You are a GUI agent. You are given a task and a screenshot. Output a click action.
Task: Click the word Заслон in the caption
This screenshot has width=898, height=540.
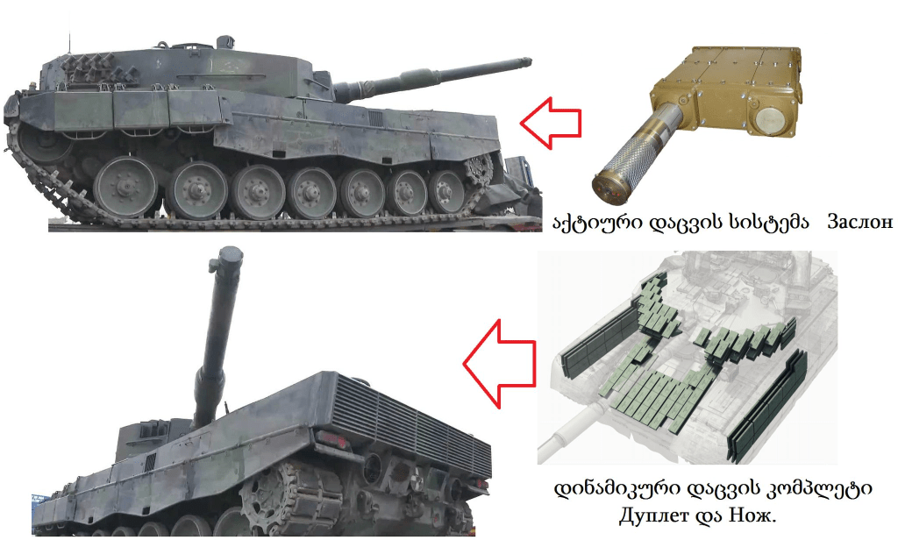pos(859,222)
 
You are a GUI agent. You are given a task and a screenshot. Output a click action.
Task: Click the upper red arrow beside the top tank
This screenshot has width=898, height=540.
pos(551,123)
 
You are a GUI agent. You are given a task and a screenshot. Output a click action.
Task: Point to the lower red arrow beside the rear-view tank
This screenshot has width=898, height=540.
pos(499,364)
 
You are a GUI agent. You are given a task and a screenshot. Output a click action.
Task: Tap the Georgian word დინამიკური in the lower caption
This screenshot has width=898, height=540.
pos(616,490)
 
